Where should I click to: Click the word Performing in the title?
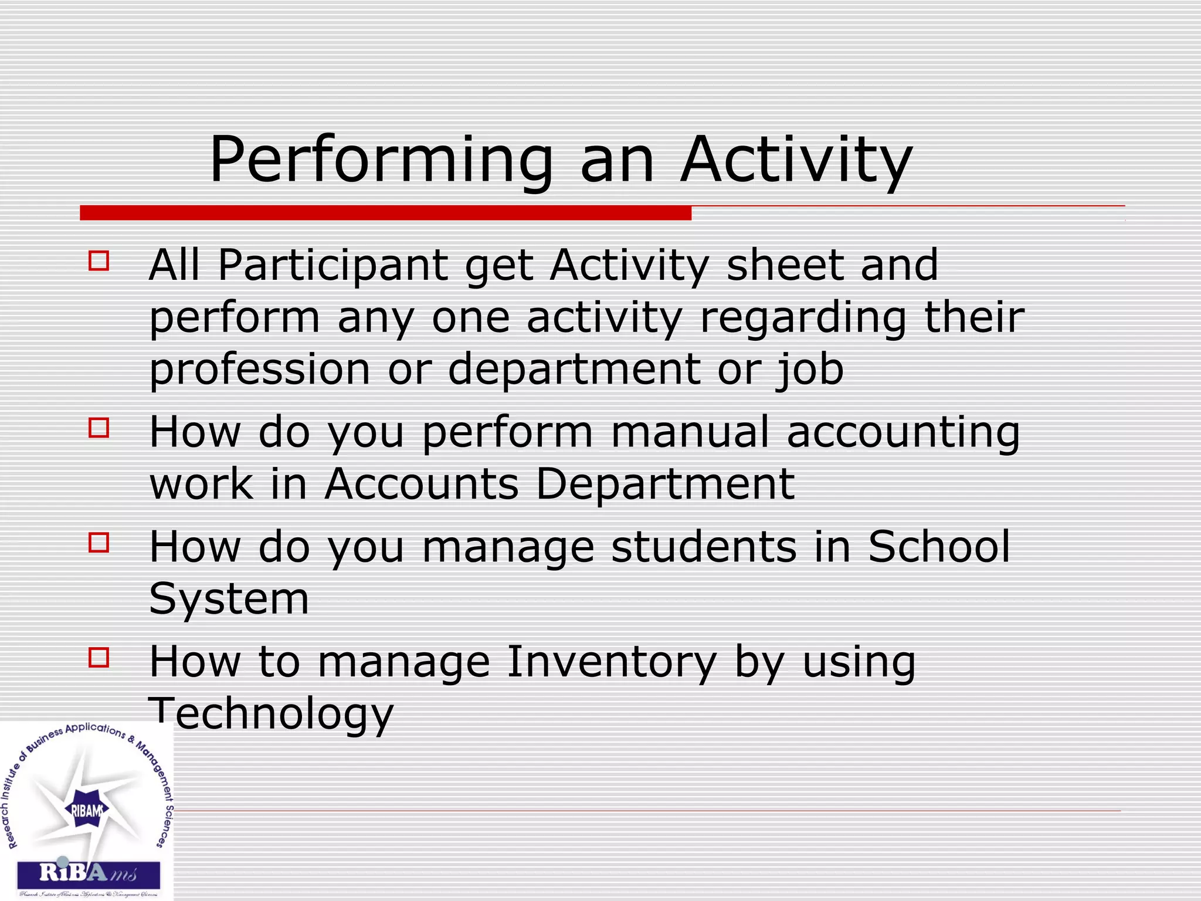coord(381,160)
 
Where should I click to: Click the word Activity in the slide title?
coord(796,160)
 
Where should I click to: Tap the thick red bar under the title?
coord(385,213)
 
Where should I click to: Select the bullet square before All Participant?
coord(99,260)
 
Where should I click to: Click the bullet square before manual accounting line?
coord(99,428)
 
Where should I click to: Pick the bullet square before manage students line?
coord(99,543)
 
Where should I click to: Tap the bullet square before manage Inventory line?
coord(99,658)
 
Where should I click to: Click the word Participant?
coord(333,265)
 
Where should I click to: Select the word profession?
coord(260,370)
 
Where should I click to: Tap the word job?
coord(811,370)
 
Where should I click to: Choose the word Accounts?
coord(422,485)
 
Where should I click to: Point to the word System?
coord(229,599)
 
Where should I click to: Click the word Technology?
coord(271,713)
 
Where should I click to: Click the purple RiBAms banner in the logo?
coord(88,874)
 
